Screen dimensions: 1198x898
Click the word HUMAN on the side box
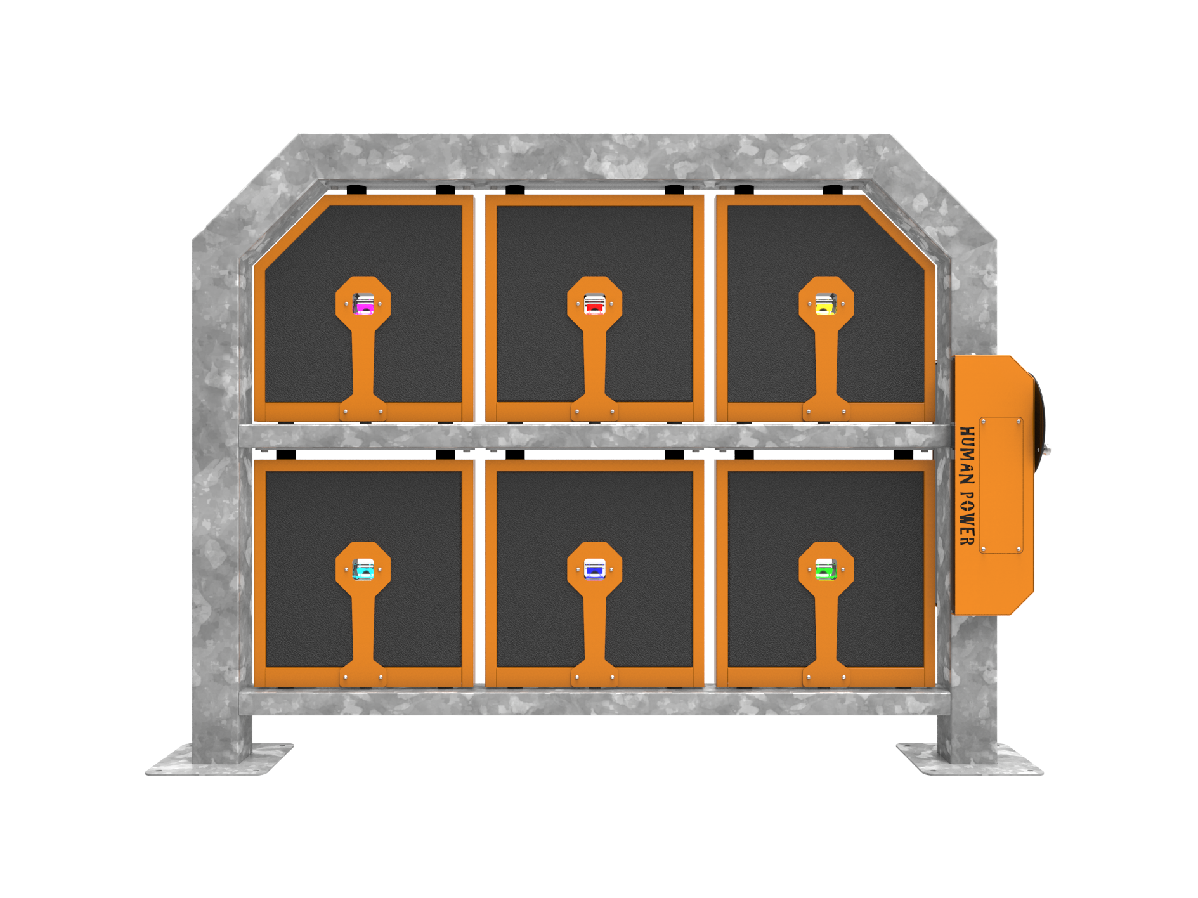[967, 455]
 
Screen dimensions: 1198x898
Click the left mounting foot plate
[219, 760]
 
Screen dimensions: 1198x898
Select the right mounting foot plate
[969, 760]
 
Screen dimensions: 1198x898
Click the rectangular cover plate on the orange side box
[1001, 485]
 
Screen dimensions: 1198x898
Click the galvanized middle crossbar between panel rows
[595, 436]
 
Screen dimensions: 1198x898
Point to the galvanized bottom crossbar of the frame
[595, 702]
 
